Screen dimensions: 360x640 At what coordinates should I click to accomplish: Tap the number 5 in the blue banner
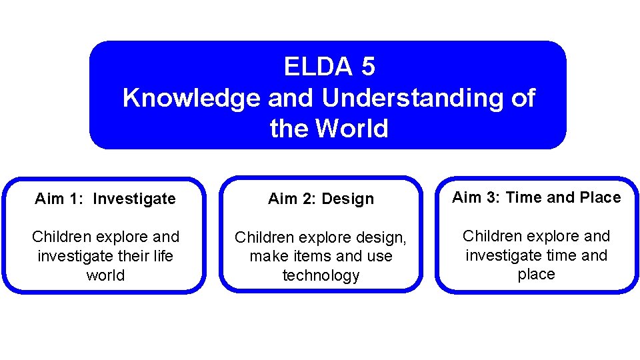tap(368, 67)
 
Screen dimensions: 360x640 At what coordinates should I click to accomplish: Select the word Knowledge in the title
tap(191, 98)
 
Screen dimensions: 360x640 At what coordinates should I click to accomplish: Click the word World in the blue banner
tap(351, 128)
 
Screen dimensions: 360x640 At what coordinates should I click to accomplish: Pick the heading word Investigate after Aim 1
tap(134, 199)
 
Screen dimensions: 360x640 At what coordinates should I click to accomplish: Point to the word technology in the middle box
tap(321, 276)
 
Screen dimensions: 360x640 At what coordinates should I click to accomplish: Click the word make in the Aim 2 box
tap(268, 257)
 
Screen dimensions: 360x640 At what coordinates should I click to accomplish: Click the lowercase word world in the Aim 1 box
tap(105, 275)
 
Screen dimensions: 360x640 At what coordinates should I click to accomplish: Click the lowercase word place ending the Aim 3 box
tap(536, 275)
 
